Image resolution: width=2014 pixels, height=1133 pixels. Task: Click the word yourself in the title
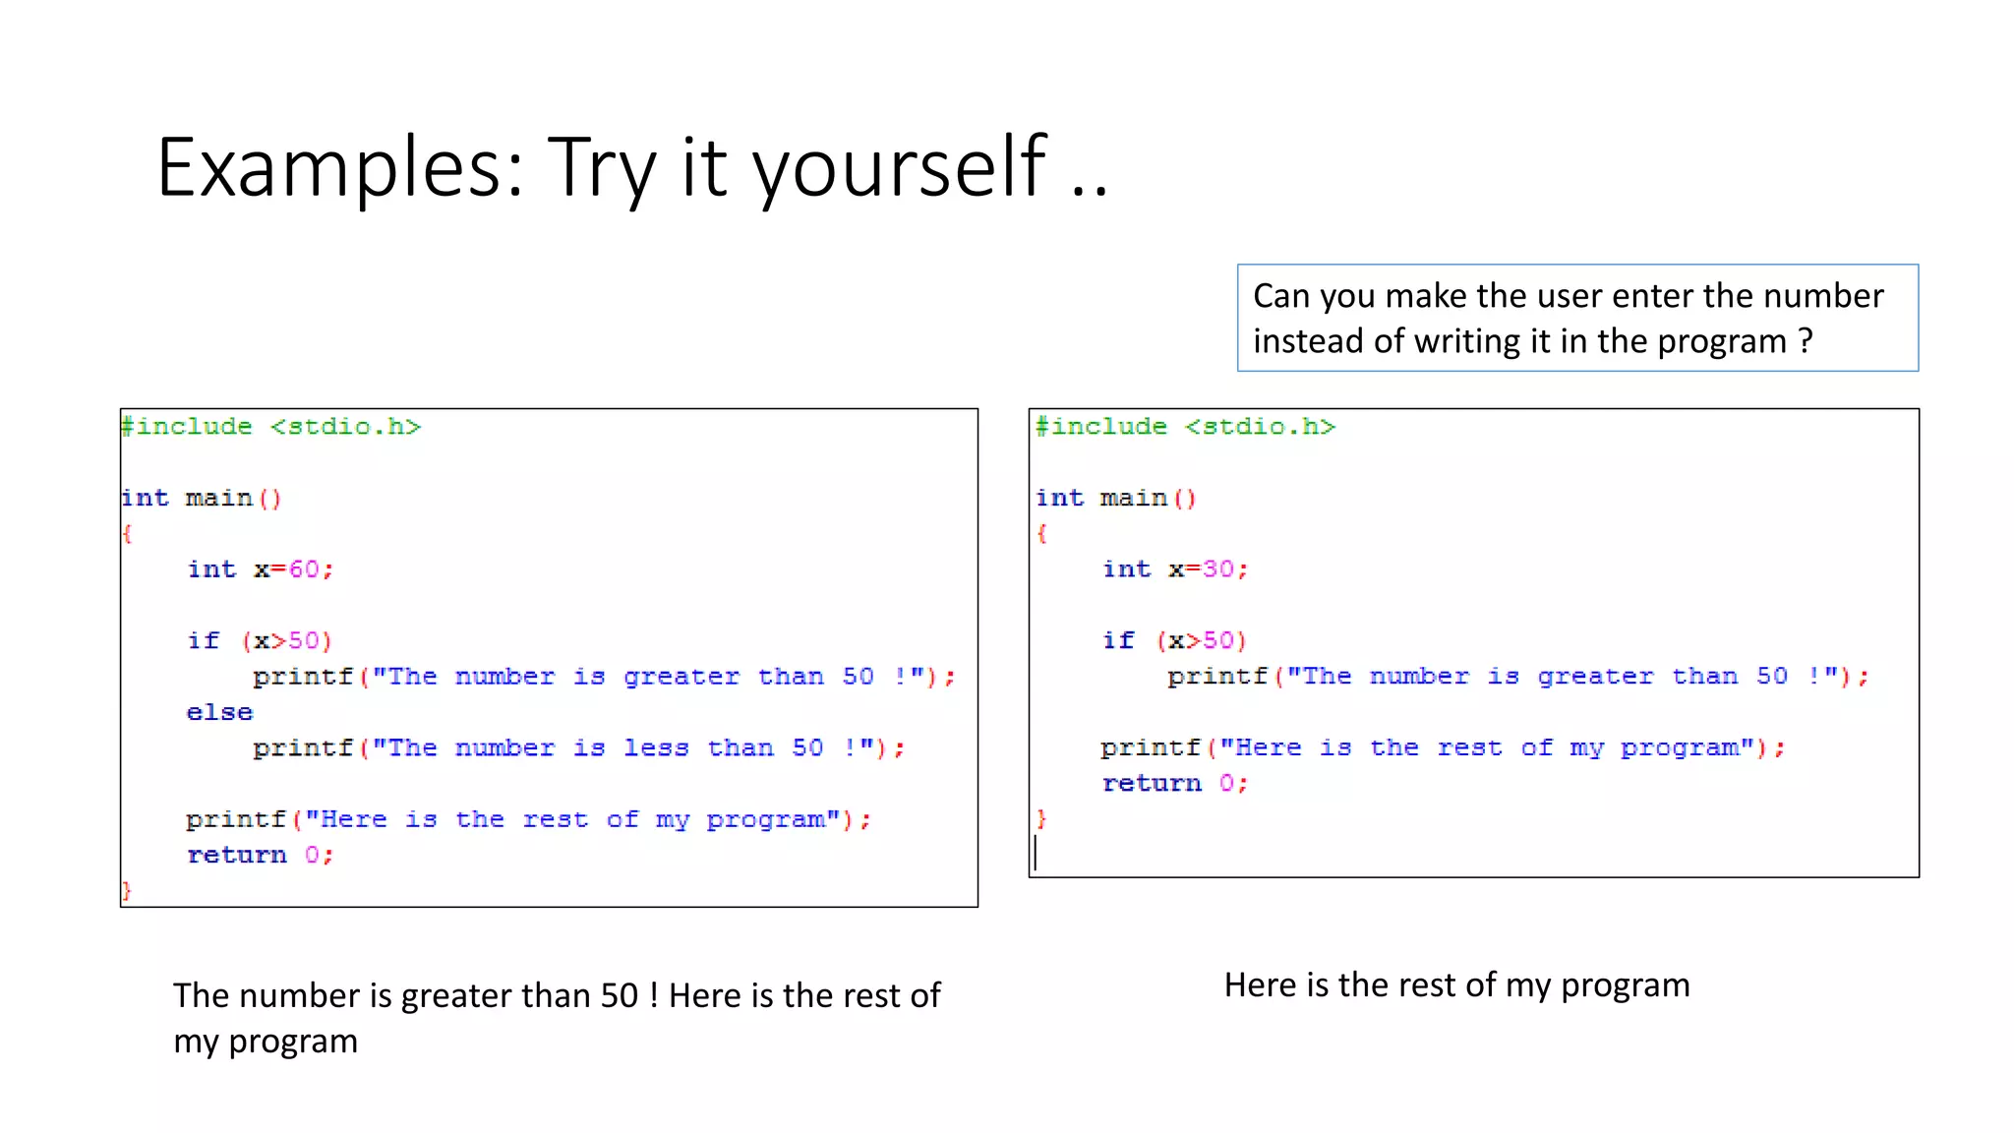point(900,167)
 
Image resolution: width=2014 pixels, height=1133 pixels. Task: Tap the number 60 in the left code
point(304,569)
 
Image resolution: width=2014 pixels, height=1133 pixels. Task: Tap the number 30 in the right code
point(1217,569)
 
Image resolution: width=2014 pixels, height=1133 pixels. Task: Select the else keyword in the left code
point(219,712)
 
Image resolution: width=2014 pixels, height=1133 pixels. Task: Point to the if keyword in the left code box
point(204,641)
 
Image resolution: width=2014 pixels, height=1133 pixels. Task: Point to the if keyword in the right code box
point(1118,641)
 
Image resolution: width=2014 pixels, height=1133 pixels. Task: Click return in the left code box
point(237,856)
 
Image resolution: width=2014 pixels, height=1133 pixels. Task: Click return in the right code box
point(1152,784)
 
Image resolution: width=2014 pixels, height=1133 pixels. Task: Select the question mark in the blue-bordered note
point(1805,341)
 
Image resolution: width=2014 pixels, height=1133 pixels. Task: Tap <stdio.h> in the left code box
point(345,427)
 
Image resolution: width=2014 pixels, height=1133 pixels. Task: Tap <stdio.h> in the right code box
point(1260,427)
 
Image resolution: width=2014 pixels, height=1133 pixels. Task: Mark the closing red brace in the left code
point(126,891)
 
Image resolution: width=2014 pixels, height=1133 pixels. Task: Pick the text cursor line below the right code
point(1036,853)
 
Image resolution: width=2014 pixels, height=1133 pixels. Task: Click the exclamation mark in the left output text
point(653,996)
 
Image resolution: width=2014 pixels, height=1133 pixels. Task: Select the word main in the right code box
point(1133,499)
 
